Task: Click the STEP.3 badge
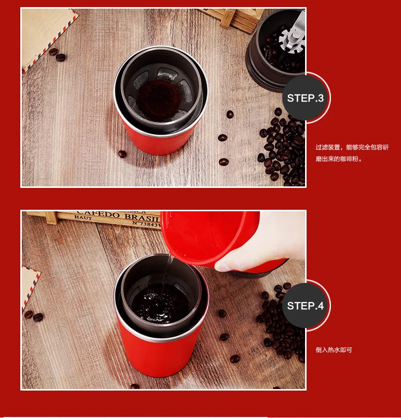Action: click(x=306, y=98)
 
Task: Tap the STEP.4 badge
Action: click(x=306, y=306)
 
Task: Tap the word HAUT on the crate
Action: click(x=83, y=217)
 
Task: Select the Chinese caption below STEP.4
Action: click(x=333, y=350)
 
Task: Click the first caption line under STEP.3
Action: click(x=352, y=147)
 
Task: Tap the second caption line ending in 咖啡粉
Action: click(x=339, y=159)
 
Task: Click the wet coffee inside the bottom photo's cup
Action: click(x=159, y=303)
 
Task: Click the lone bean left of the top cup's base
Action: click(x=122, y=154)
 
